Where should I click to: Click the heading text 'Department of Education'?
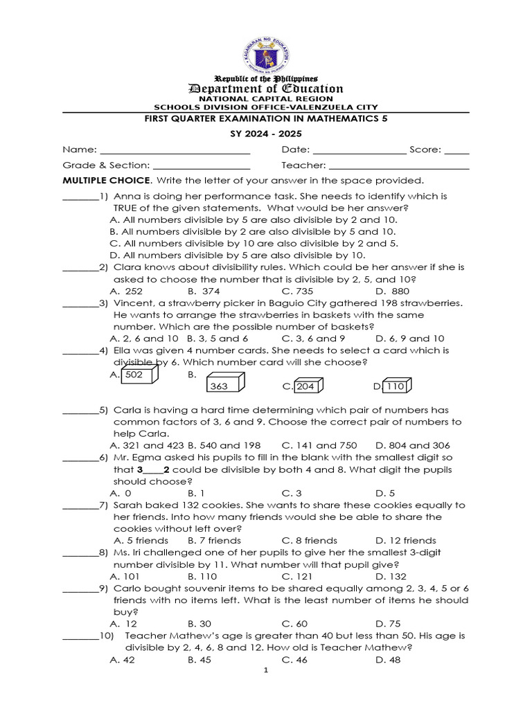(266, 88)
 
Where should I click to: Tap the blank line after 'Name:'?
(175, 150)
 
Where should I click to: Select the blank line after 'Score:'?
(456, 150)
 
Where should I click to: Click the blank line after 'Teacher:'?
(399, 165)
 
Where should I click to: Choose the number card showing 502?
(139, 375)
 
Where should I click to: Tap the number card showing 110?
(397, 386)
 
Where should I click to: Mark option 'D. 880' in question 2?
(392, 291)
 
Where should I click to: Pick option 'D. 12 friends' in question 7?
(405, 540)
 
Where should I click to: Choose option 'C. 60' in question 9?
(294, 624)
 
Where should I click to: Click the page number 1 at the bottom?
(265, 672)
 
